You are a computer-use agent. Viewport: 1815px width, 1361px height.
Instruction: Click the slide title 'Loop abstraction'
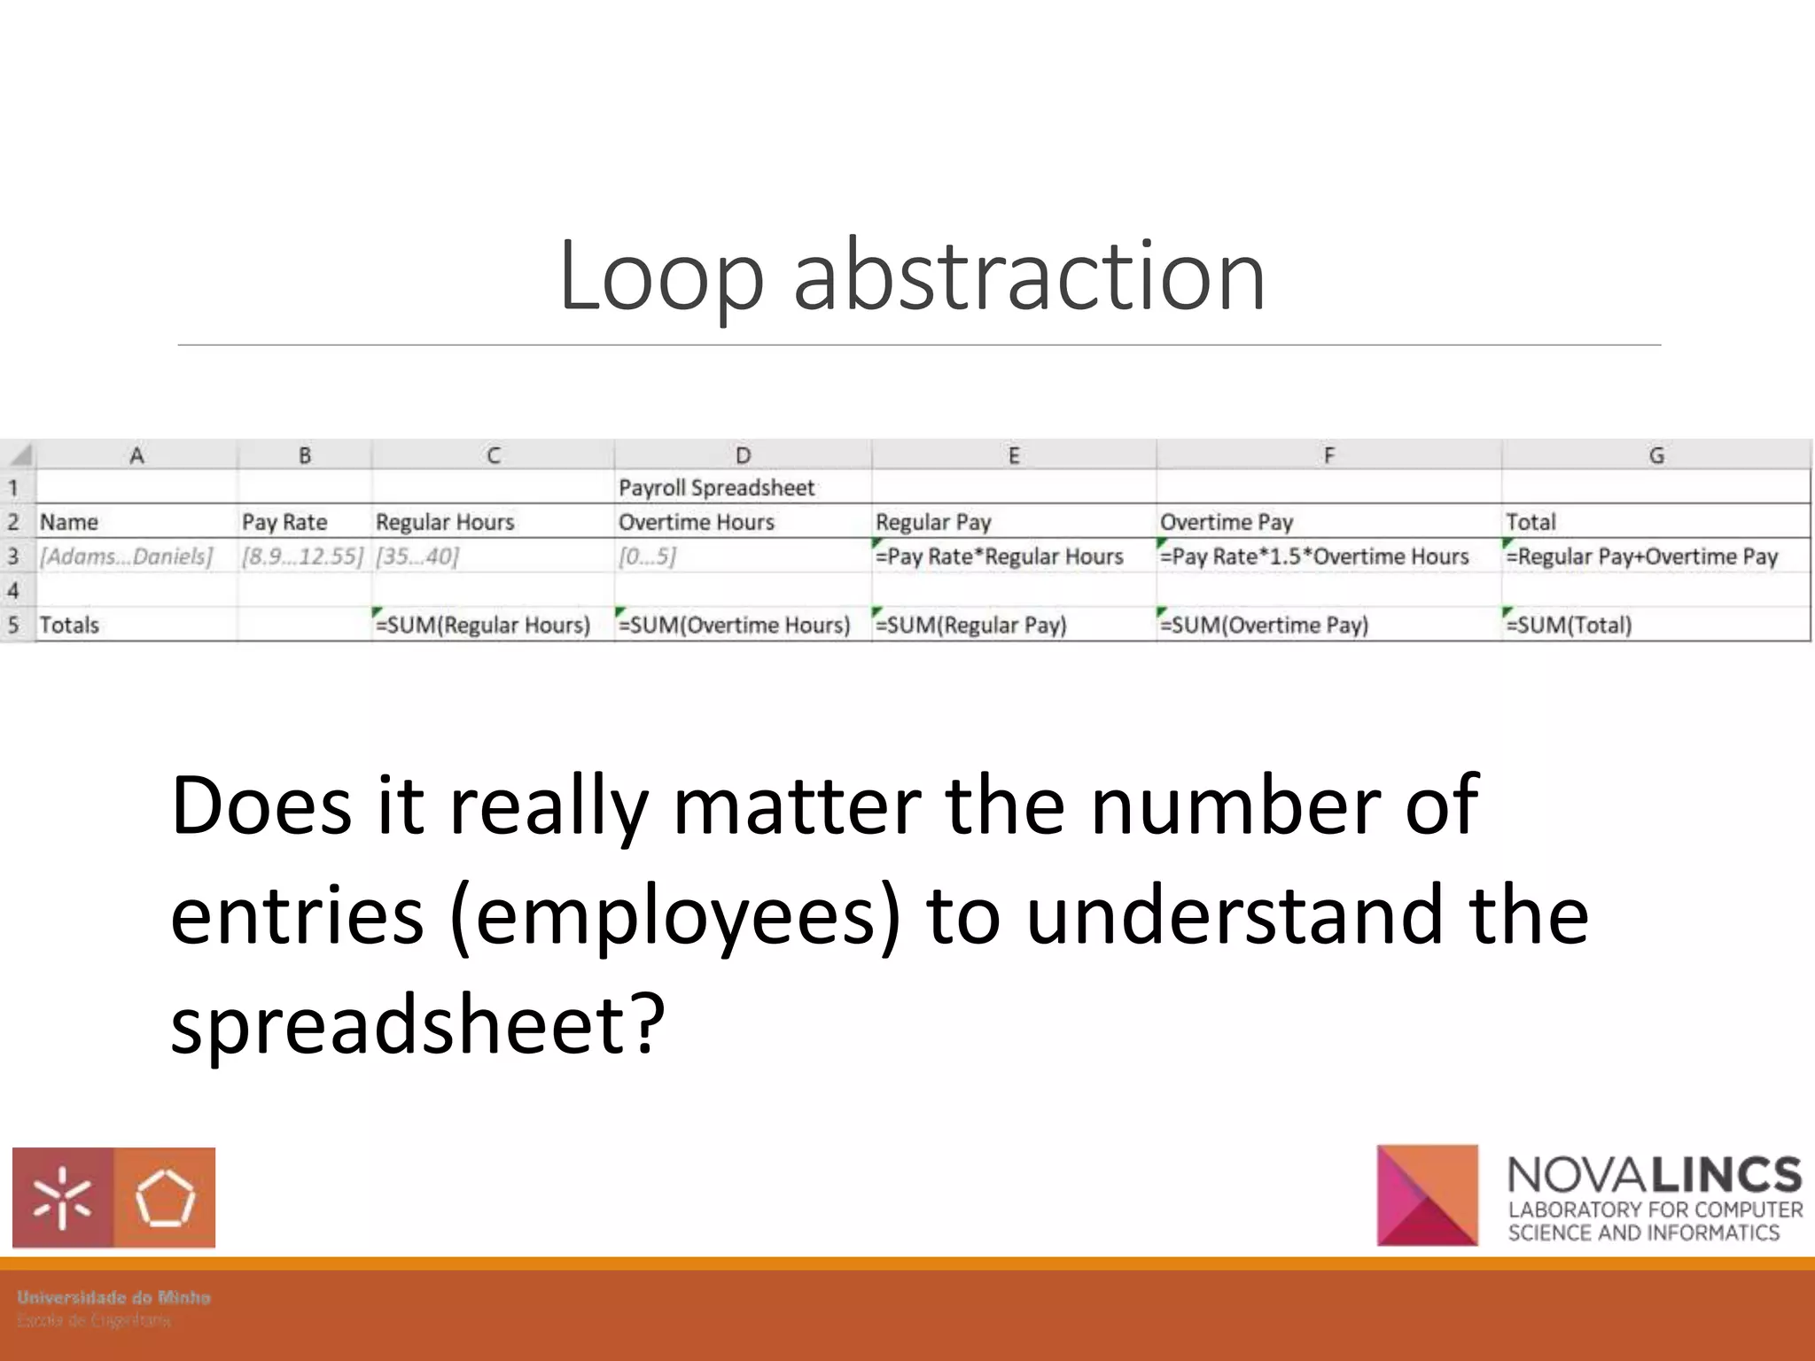pos(911,276)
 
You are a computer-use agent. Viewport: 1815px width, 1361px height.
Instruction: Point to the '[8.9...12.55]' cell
pos(302,556)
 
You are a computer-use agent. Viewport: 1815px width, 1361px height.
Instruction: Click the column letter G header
pos(1655,455)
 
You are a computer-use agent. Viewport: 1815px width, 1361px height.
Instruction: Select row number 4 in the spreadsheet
pos(13,590)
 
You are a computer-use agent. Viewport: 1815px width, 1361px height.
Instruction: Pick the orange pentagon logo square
pos(165,1198)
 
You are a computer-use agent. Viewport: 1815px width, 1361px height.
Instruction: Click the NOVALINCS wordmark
pos(1654,1175)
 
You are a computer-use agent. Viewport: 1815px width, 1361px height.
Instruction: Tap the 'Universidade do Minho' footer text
pos(113,1297)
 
